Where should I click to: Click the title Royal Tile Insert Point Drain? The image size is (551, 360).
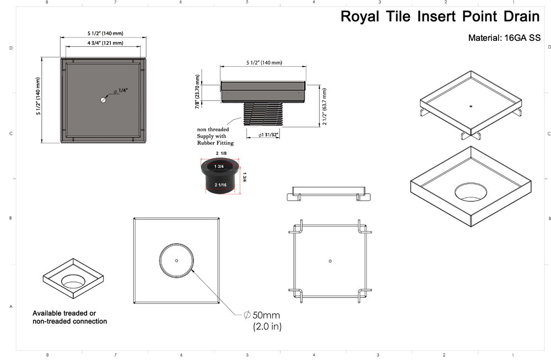click(440, 17)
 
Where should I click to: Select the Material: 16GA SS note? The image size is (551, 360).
click(504, 38)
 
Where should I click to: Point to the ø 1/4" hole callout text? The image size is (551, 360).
click(120, 91)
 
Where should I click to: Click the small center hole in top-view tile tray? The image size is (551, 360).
click(103, 100)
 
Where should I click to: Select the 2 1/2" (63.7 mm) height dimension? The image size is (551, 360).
click(325, 106)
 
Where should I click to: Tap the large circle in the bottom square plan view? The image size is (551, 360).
click(176, 260)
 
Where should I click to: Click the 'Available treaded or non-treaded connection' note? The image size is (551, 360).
click(69, 317)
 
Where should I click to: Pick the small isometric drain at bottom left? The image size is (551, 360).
click(73, 278)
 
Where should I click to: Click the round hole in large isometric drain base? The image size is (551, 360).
click(471, 191)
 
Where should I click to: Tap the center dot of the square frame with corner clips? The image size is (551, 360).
click(329, 261)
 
